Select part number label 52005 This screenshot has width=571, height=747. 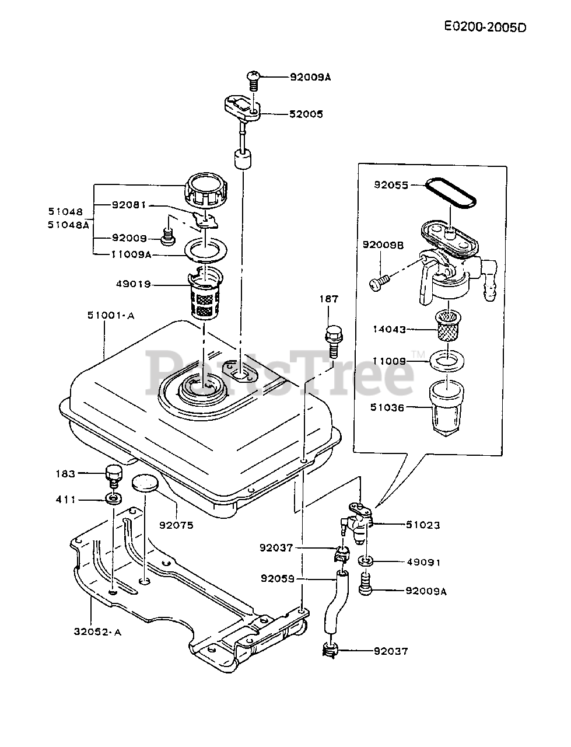point(306,114)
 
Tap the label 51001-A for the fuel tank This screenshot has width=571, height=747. point(111,316)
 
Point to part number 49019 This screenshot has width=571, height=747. point(134,285)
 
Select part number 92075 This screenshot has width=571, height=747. point(176,525)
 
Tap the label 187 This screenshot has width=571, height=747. point(328,299)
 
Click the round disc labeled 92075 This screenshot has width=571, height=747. point(145,483)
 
